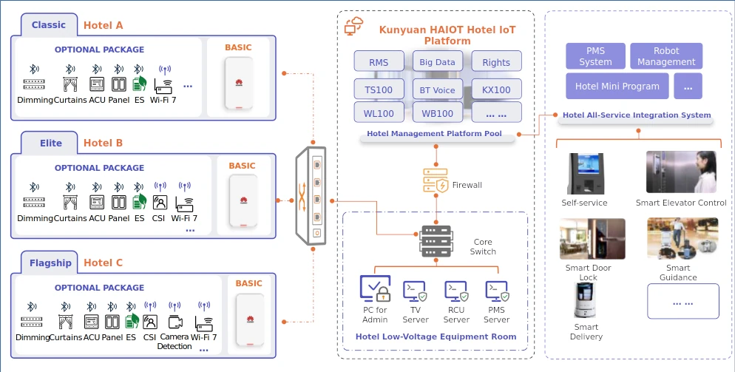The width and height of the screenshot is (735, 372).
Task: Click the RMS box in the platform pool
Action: [379, 63]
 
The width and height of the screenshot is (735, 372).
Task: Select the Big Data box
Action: [437, 63]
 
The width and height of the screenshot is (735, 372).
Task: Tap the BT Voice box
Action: [437, 90]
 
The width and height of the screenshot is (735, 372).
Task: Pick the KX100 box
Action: [496, 90]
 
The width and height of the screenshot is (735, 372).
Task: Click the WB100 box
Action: [437, 114]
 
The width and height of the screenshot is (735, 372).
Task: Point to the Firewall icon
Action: [436, 181]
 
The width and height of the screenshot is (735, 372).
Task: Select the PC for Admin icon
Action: [375, 289]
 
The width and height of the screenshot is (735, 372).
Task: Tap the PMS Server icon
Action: [496, 291]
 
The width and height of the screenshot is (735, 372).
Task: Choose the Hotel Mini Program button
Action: [617, 87]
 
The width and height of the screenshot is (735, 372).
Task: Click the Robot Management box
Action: [666, 57]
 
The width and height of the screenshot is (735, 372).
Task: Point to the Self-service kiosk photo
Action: [584, 174]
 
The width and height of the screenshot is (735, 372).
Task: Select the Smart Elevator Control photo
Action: [681, 172]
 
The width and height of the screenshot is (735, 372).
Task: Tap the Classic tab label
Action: [48, 25]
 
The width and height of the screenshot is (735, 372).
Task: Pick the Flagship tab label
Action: [50, 263]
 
